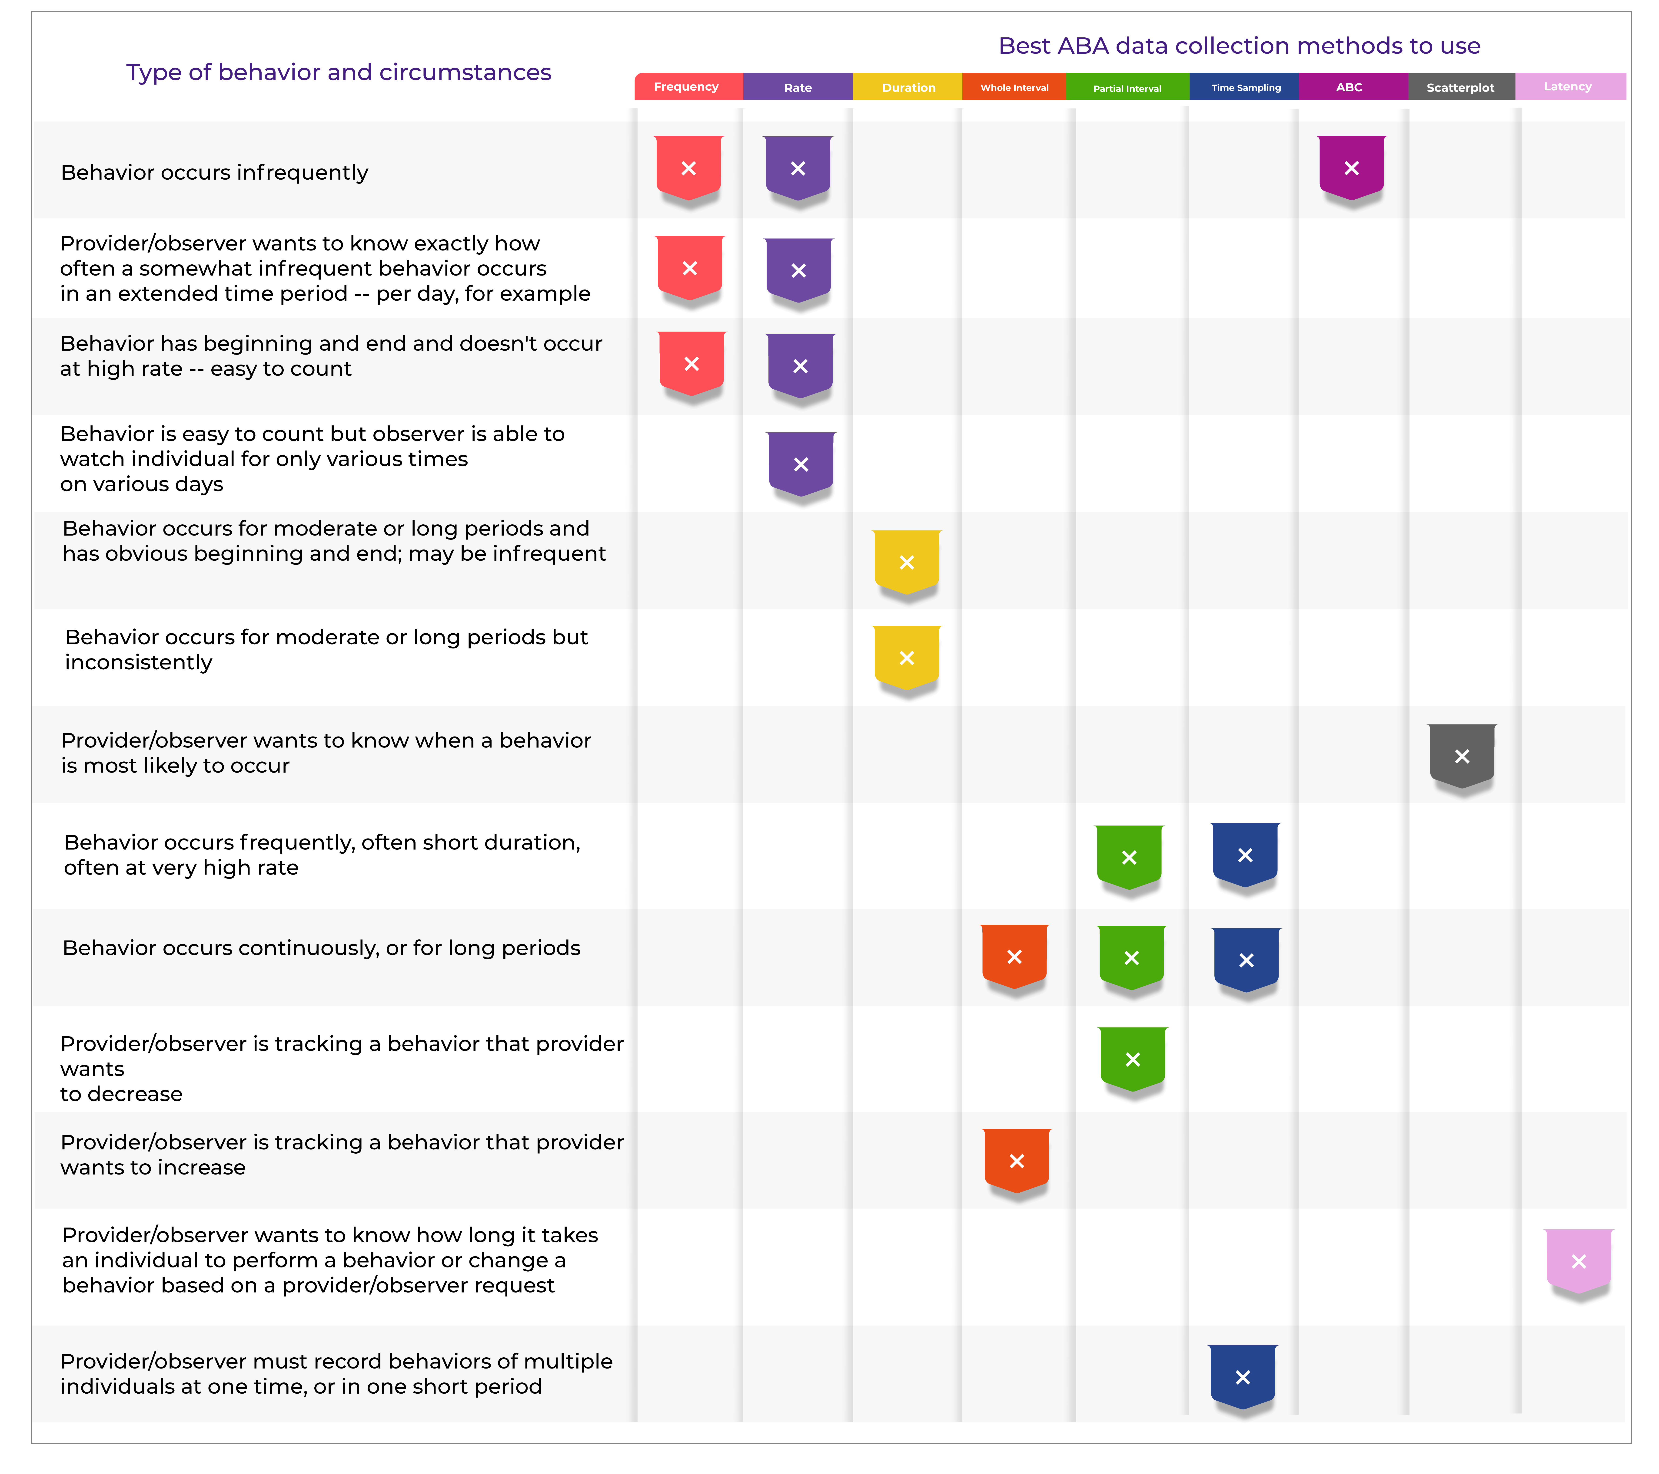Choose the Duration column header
point(908,87)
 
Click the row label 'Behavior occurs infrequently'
point(214,173)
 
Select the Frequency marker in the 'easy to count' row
point(692,363)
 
